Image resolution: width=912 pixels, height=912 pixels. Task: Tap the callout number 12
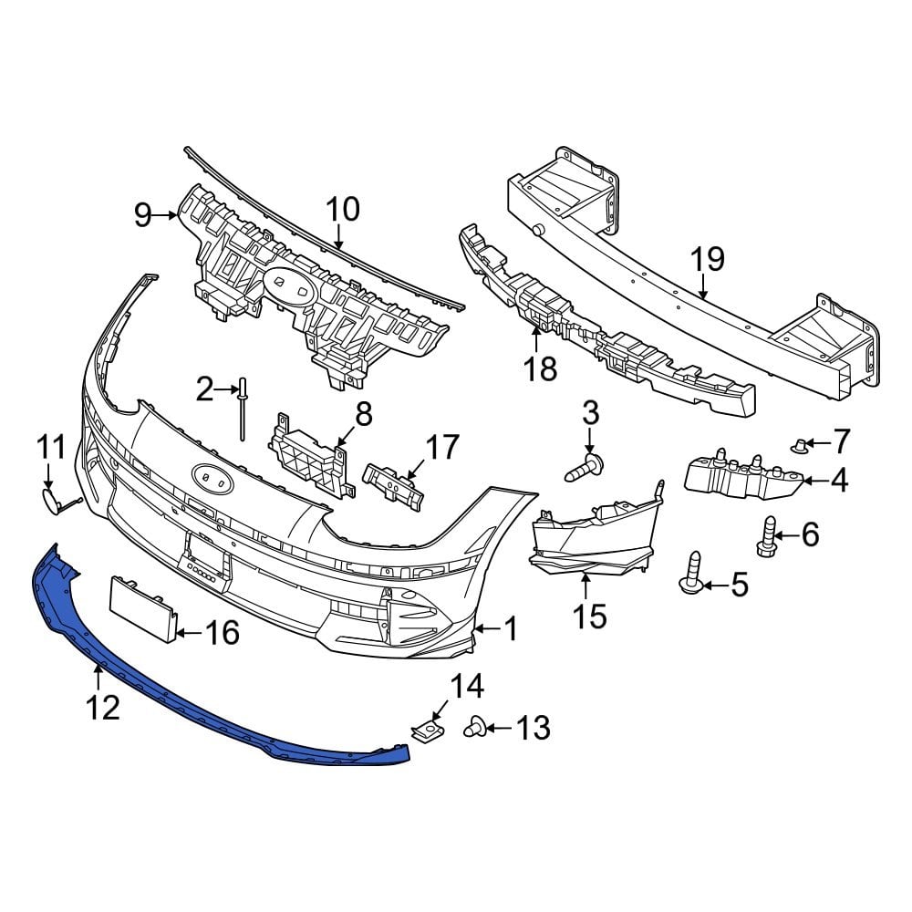click(x=104, y=707)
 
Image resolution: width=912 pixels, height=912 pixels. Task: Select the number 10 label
click(x=343, y=210)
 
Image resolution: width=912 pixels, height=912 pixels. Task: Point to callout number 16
click(x=224, y=632)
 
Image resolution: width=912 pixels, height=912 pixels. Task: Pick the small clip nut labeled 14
click(x=425, y=730)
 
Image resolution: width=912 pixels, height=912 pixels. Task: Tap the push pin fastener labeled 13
click(x=475, y=728)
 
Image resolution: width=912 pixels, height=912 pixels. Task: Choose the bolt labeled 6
click(x=767, y=535)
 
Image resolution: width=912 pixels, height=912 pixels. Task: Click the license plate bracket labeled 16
click(x=140, y=603)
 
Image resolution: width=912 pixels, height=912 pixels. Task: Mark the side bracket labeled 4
click(x=743, y=476)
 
